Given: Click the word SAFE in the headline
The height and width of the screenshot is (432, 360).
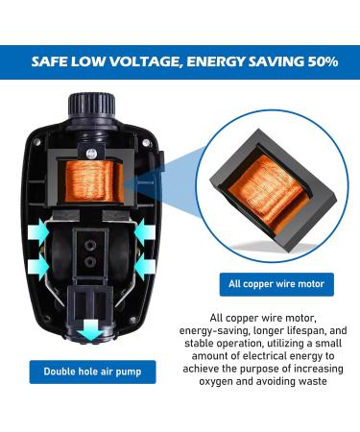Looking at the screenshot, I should click(52, 61).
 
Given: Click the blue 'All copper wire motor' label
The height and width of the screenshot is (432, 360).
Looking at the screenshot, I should click(274, 283).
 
